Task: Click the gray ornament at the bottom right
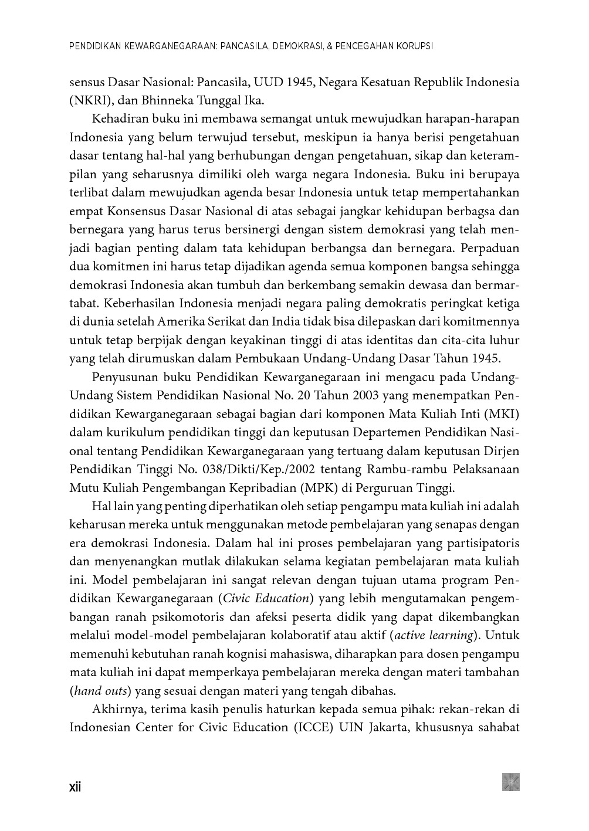[x=510, y=782]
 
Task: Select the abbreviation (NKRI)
[x=87, y=100]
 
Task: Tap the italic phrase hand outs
[x=101, y=691]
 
